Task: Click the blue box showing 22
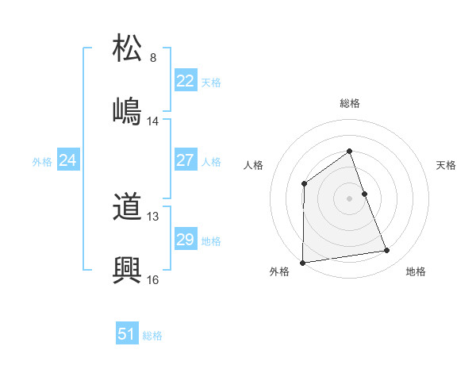(185, 81)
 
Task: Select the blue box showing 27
(185, 160)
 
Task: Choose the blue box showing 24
(68, 160)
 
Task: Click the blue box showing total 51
(127, 334)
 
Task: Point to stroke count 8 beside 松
(153, 58)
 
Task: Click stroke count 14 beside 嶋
(153, 121)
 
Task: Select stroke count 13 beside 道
(153, 217)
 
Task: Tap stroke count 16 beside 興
(153, 279)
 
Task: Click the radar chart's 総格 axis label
(349, 103)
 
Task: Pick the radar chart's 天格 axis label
(447, 165)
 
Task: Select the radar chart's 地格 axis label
(416, 271)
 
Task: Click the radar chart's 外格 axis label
(279, 271)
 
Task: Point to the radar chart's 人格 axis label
(253, 165)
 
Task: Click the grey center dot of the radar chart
(349, 198)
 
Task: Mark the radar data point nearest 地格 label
(387, 251)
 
